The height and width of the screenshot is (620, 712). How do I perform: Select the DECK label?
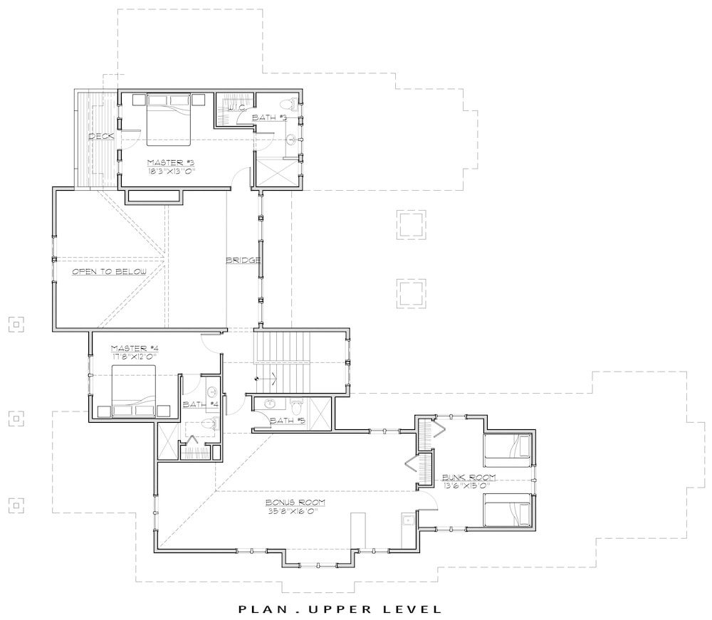[x=102, y=136]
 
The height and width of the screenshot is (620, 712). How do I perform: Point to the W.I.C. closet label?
[x=236, y=108]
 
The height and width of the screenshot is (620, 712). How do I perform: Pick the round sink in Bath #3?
[x=290, y=140]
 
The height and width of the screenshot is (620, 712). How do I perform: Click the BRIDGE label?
[x=243, y=260]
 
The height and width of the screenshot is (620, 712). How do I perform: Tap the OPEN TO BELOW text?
[x=109, y=272]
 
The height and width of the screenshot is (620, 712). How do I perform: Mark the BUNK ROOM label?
[x=468, y=477]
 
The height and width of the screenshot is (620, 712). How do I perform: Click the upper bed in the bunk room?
[x=508, y=449]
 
